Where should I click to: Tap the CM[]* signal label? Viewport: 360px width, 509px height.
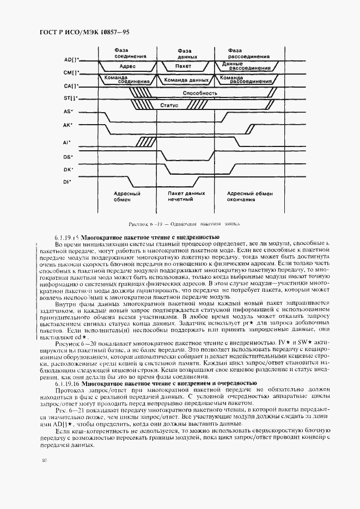(x=71, y=72)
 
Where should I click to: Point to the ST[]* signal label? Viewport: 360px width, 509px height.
(x=71, y=98)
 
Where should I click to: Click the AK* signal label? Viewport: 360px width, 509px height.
(x=69, y=125)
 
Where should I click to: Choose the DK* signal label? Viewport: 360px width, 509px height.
(x=69, y=169)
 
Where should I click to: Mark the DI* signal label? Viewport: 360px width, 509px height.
(x=68, y=182)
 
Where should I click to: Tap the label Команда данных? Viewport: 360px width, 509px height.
(x=187, y=79)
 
